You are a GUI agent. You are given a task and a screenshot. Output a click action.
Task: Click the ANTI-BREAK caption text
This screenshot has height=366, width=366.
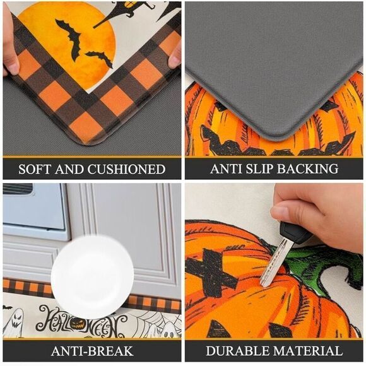coord(91,351)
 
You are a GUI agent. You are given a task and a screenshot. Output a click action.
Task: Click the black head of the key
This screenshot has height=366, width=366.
coord(294,233)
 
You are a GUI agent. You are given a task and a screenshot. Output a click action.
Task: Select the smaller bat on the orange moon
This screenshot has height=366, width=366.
coord(99,58)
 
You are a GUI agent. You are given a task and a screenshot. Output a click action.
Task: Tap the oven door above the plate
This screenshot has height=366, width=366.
coord(35,215)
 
